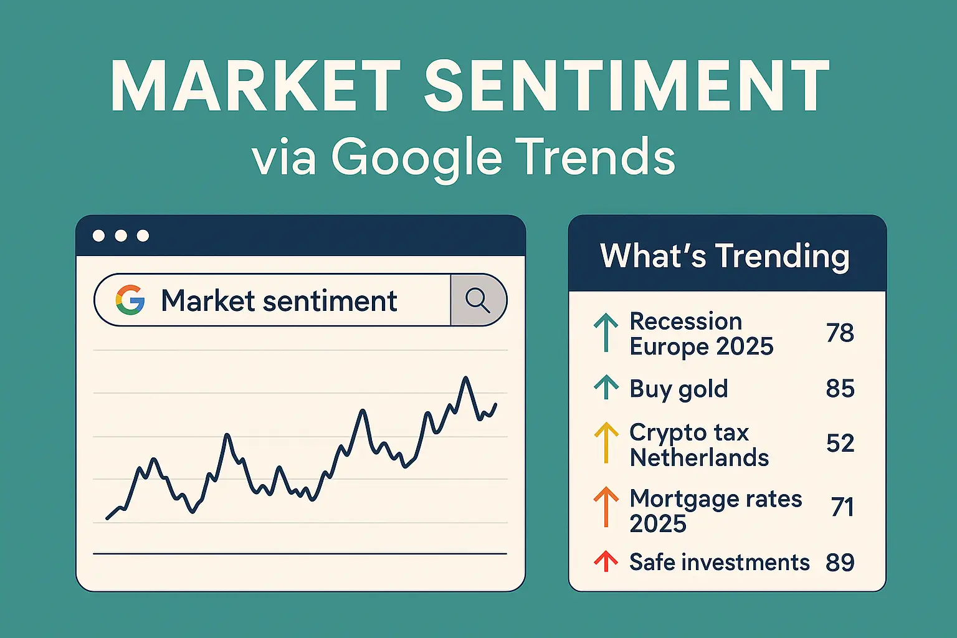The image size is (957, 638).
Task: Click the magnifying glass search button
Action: coord(478,300)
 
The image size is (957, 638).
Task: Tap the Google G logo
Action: coord(130,300)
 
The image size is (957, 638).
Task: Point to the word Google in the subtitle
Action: coord(417,157)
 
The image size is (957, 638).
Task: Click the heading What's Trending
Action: coord(725,256)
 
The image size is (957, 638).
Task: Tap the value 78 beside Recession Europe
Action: coord(840,333)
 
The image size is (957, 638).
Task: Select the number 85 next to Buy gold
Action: coord(840,388)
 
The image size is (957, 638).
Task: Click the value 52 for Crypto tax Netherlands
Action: coord(840,443)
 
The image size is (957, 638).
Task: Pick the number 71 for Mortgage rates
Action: coord(842,507)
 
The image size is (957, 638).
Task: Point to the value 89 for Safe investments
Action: coord(840,563)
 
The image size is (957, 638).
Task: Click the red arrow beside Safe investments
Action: coord(606,561)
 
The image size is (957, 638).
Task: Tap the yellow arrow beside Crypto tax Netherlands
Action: coord(606,443)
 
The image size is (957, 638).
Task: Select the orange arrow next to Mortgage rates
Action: coord(606,507)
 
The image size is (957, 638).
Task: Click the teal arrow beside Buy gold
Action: coord(606,387)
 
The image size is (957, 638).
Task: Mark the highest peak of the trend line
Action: coord(465,378)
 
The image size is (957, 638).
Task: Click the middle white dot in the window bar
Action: coord(121,236)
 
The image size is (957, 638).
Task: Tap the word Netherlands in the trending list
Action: coord(699,458)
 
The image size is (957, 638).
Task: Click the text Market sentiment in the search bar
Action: coord(279,300)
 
